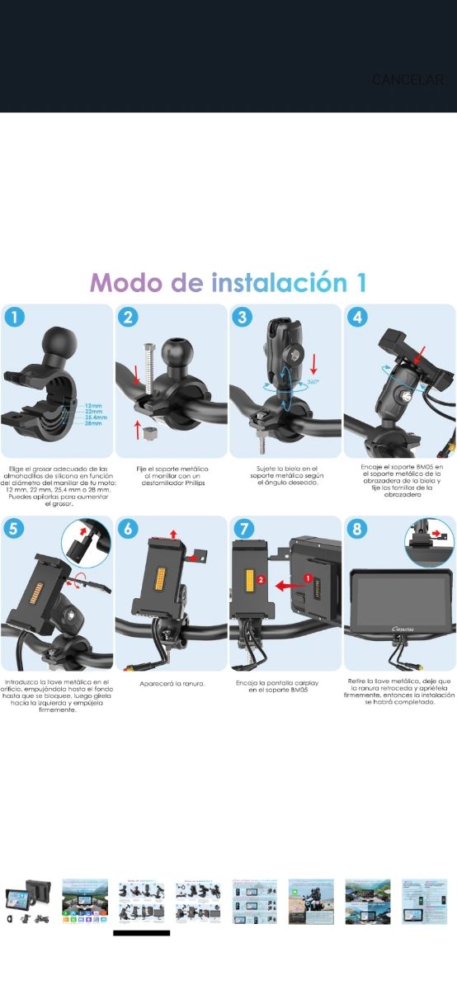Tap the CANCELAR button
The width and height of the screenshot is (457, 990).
click(408, 80)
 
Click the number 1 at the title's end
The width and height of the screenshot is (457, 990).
click(360, 282)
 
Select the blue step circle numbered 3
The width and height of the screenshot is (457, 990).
click(242, 317)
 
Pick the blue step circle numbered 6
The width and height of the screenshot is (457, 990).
click(128, 528)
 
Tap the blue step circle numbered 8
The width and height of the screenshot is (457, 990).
click(356, 528)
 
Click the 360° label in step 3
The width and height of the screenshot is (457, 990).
click(313, 382)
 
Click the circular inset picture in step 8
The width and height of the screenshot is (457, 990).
click(429, 541)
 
